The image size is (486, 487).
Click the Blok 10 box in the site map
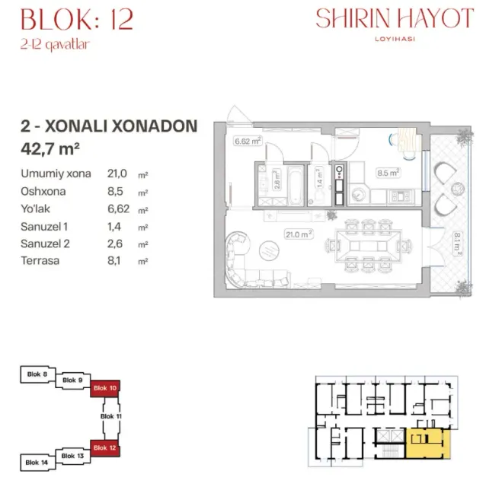click(105, 388)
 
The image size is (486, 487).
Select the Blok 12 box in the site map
click(105, 448)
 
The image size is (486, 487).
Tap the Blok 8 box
click(38, 374)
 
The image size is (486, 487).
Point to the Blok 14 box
click(37, 463)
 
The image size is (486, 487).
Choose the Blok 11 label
click(111, 416)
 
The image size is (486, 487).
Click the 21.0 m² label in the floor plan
click(299, 234)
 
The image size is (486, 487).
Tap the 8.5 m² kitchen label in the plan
click(388, 173)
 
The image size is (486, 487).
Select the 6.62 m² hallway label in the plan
click(248, 142)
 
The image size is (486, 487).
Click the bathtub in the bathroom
click(296, 186)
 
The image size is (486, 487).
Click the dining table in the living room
click(369, 246)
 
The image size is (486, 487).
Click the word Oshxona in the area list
click(43, 191)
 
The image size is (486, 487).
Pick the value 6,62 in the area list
click(119, 208)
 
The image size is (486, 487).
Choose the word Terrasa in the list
click(40, 261)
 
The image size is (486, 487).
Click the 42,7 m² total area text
click(50, 148)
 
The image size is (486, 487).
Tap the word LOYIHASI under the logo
click(395, 39)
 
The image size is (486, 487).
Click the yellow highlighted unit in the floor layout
click(428, 443)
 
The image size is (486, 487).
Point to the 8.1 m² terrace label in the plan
click(457, 243)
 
